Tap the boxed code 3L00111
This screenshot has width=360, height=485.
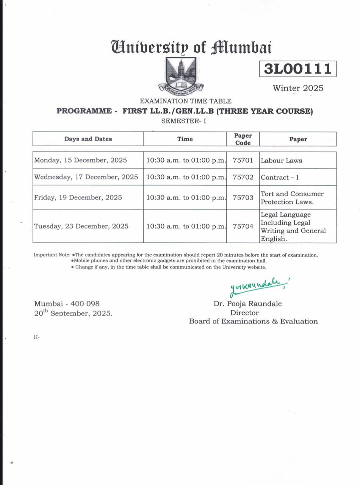(x=297, y=69)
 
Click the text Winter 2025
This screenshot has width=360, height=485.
(x=298, y=88)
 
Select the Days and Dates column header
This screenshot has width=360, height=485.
(x=88, y=139)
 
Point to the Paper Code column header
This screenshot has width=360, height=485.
(x=243, y=139)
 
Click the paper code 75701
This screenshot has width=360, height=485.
(x=243, y=160)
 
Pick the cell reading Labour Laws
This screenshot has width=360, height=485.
(x=282, y=161)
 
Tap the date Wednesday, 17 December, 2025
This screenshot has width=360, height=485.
(x=86, y=177)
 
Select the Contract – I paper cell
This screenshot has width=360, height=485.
(x=280, y=177)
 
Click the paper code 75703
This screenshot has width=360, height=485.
(x=243, y=198)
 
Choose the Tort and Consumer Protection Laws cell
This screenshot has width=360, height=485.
(x=292, y=198)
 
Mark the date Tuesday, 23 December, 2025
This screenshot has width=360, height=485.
(x=81, y=226)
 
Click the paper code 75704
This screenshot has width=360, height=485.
(x=243, y=226)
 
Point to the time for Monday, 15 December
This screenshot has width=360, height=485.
(x=185, y=160)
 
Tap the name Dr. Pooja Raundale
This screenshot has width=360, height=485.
(x=247, y=304)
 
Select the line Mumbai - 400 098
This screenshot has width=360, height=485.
(x=67, y=304)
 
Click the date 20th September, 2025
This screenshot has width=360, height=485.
(x=73, y=313)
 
